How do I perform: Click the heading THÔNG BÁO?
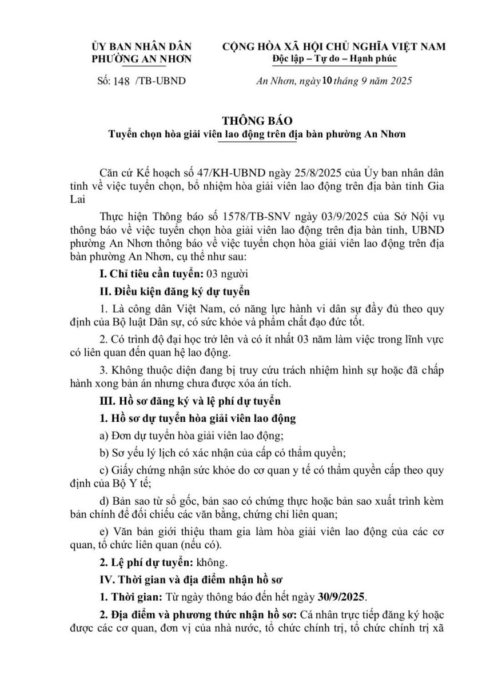[x=257, y=121]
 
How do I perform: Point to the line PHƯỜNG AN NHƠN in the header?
[x=142, y=58]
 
